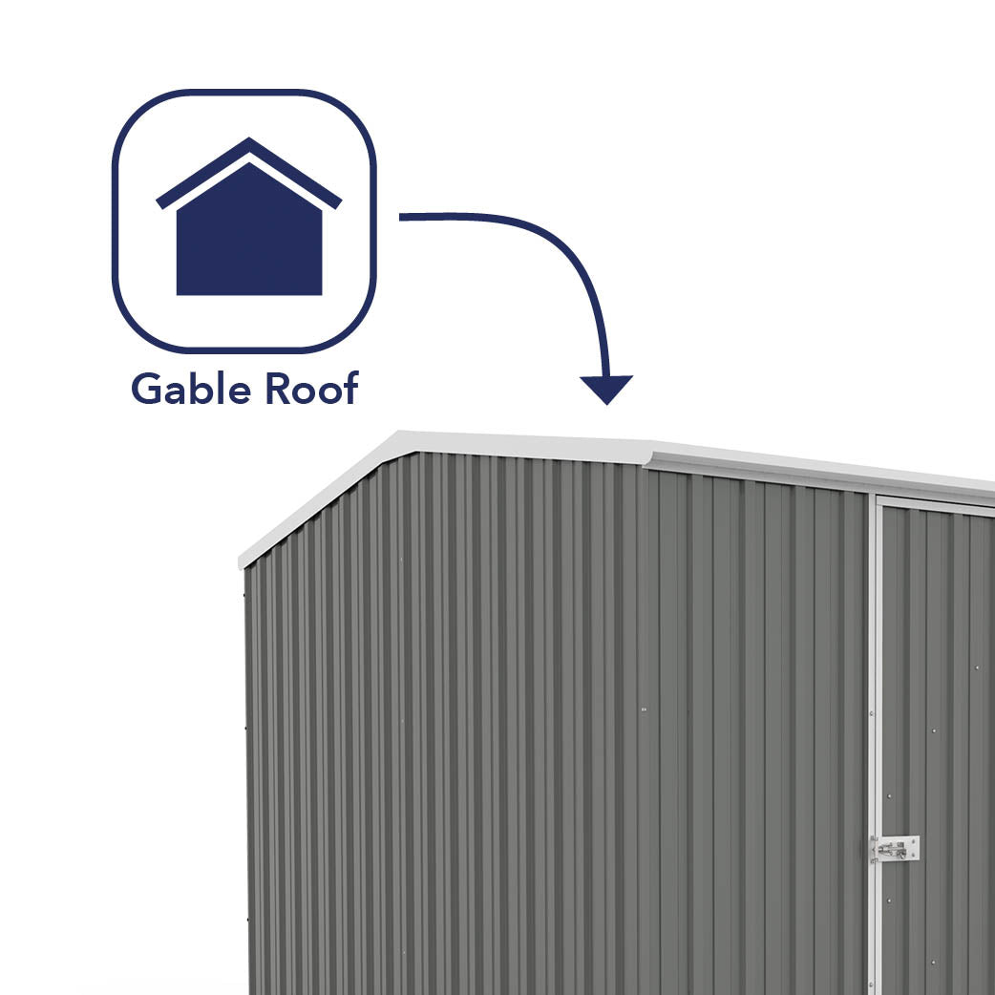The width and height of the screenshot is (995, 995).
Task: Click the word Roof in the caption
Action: click(x=311, y=390)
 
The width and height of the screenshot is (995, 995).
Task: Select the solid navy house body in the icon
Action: click(x=249, y=239)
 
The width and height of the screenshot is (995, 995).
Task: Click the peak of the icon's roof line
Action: click(x=249, y=143)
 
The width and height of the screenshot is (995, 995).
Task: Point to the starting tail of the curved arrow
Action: click(x=403, y=218)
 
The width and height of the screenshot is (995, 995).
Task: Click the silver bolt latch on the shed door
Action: click(x=894, y=848)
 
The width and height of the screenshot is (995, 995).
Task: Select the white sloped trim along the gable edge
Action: click(x=315, y=500)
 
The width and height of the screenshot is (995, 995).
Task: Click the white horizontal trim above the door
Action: click(x=936, y=502)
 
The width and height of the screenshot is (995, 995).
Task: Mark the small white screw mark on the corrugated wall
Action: click(x=644, y=709)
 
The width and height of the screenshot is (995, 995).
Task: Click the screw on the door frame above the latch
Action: click(x=871, y=713)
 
